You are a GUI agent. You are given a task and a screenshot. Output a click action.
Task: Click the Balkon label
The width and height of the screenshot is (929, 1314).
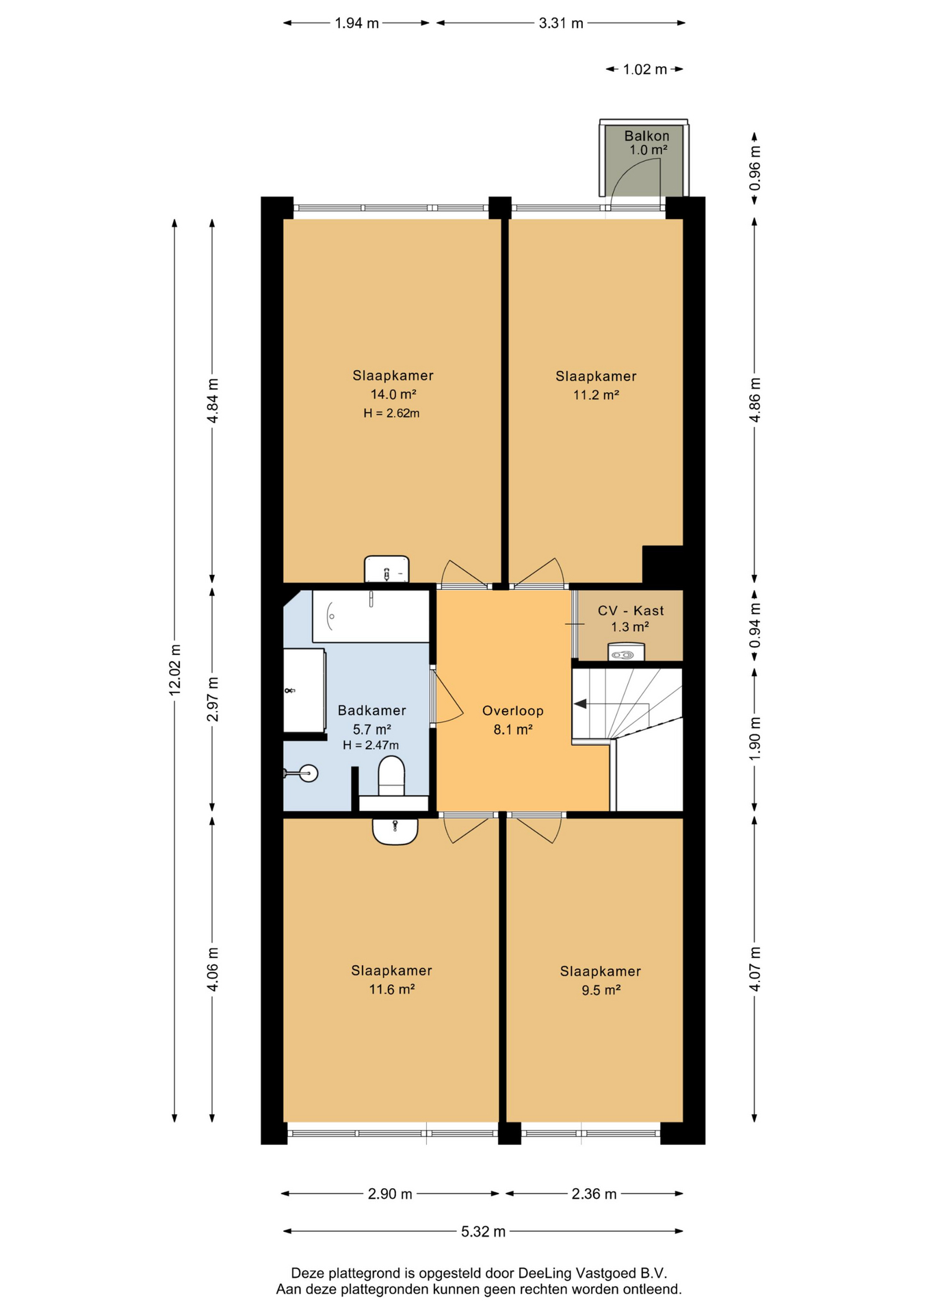pos(646,136)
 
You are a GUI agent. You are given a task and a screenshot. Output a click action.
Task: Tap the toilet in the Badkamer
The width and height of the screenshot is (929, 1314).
pos(391,775)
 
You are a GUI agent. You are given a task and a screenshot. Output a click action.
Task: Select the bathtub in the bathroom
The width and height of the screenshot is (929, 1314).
pos(371,616)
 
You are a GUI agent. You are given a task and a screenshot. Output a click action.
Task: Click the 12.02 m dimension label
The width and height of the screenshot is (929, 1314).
pos(175,670)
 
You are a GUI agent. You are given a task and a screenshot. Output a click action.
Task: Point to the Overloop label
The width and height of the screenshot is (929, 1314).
pos(512,710)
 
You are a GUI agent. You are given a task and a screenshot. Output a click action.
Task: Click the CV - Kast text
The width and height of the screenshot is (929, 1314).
pos(630,610)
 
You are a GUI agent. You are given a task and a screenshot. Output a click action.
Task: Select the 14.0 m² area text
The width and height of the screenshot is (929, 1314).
pos(393,394)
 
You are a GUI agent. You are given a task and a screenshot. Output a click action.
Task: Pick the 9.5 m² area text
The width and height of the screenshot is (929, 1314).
pos(601,990)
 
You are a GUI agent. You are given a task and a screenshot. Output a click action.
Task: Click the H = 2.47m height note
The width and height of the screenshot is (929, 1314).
pos(371,745)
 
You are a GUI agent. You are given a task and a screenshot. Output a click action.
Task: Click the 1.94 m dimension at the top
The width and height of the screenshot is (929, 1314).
pos(356,23)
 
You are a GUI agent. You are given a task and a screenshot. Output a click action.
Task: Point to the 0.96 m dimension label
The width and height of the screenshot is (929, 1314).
pos(755,168)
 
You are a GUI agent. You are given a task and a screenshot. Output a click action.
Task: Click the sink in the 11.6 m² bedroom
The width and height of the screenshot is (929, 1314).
pos(395,831)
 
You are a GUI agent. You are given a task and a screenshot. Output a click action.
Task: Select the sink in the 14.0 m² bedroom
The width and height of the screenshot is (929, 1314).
pos(387,569)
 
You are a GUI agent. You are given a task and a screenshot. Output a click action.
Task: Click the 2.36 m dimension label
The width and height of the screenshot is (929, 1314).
pos(594,1194)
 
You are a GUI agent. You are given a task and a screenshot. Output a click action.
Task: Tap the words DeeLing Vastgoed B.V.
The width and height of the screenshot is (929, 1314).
pos(592,1273)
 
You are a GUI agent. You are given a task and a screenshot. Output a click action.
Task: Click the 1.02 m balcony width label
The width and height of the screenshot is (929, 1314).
pos(644,69)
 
